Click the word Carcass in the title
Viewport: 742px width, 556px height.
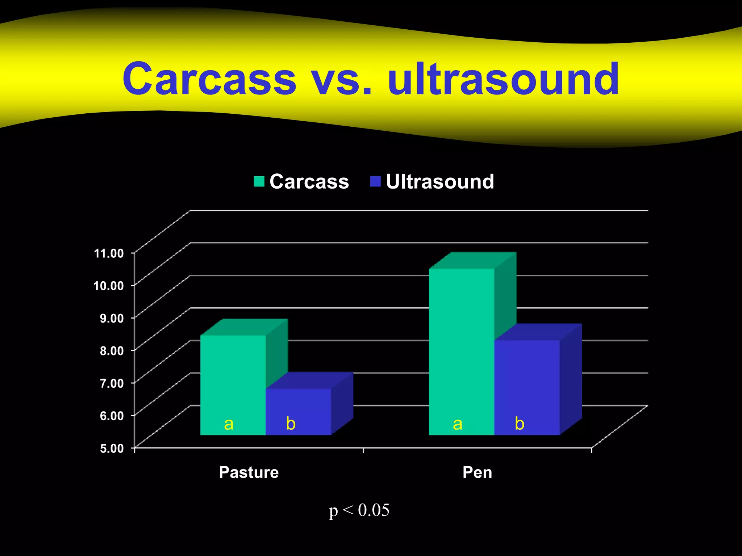(x=209, y=79)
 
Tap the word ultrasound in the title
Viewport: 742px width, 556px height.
(x=503, y=79)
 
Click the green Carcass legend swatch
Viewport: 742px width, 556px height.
(x=259, y=181)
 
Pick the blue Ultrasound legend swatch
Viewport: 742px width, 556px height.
(x=375, y=181)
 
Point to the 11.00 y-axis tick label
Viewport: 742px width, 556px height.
(x=109, y=253)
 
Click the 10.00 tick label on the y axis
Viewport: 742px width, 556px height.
(x=109, y=286)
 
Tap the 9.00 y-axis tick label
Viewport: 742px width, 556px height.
(x=112, y=318)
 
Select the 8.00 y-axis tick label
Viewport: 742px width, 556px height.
(x=112, y=350)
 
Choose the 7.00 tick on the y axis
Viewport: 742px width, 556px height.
(x=112, y=383)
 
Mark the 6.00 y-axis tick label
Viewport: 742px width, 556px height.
(x=112, y=416)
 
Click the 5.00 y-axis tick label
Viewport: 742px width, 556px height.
(x=112, y=448)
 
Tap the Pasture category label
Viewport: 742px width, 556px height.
(x=249, y=472)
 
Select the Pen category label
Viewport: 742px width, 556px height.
(x=477, y=472)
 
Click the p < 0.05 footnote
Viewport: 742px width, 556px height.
(x=359, y=510)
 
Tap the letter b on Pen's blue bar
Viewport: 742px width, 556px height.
(x=520, y=423)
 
